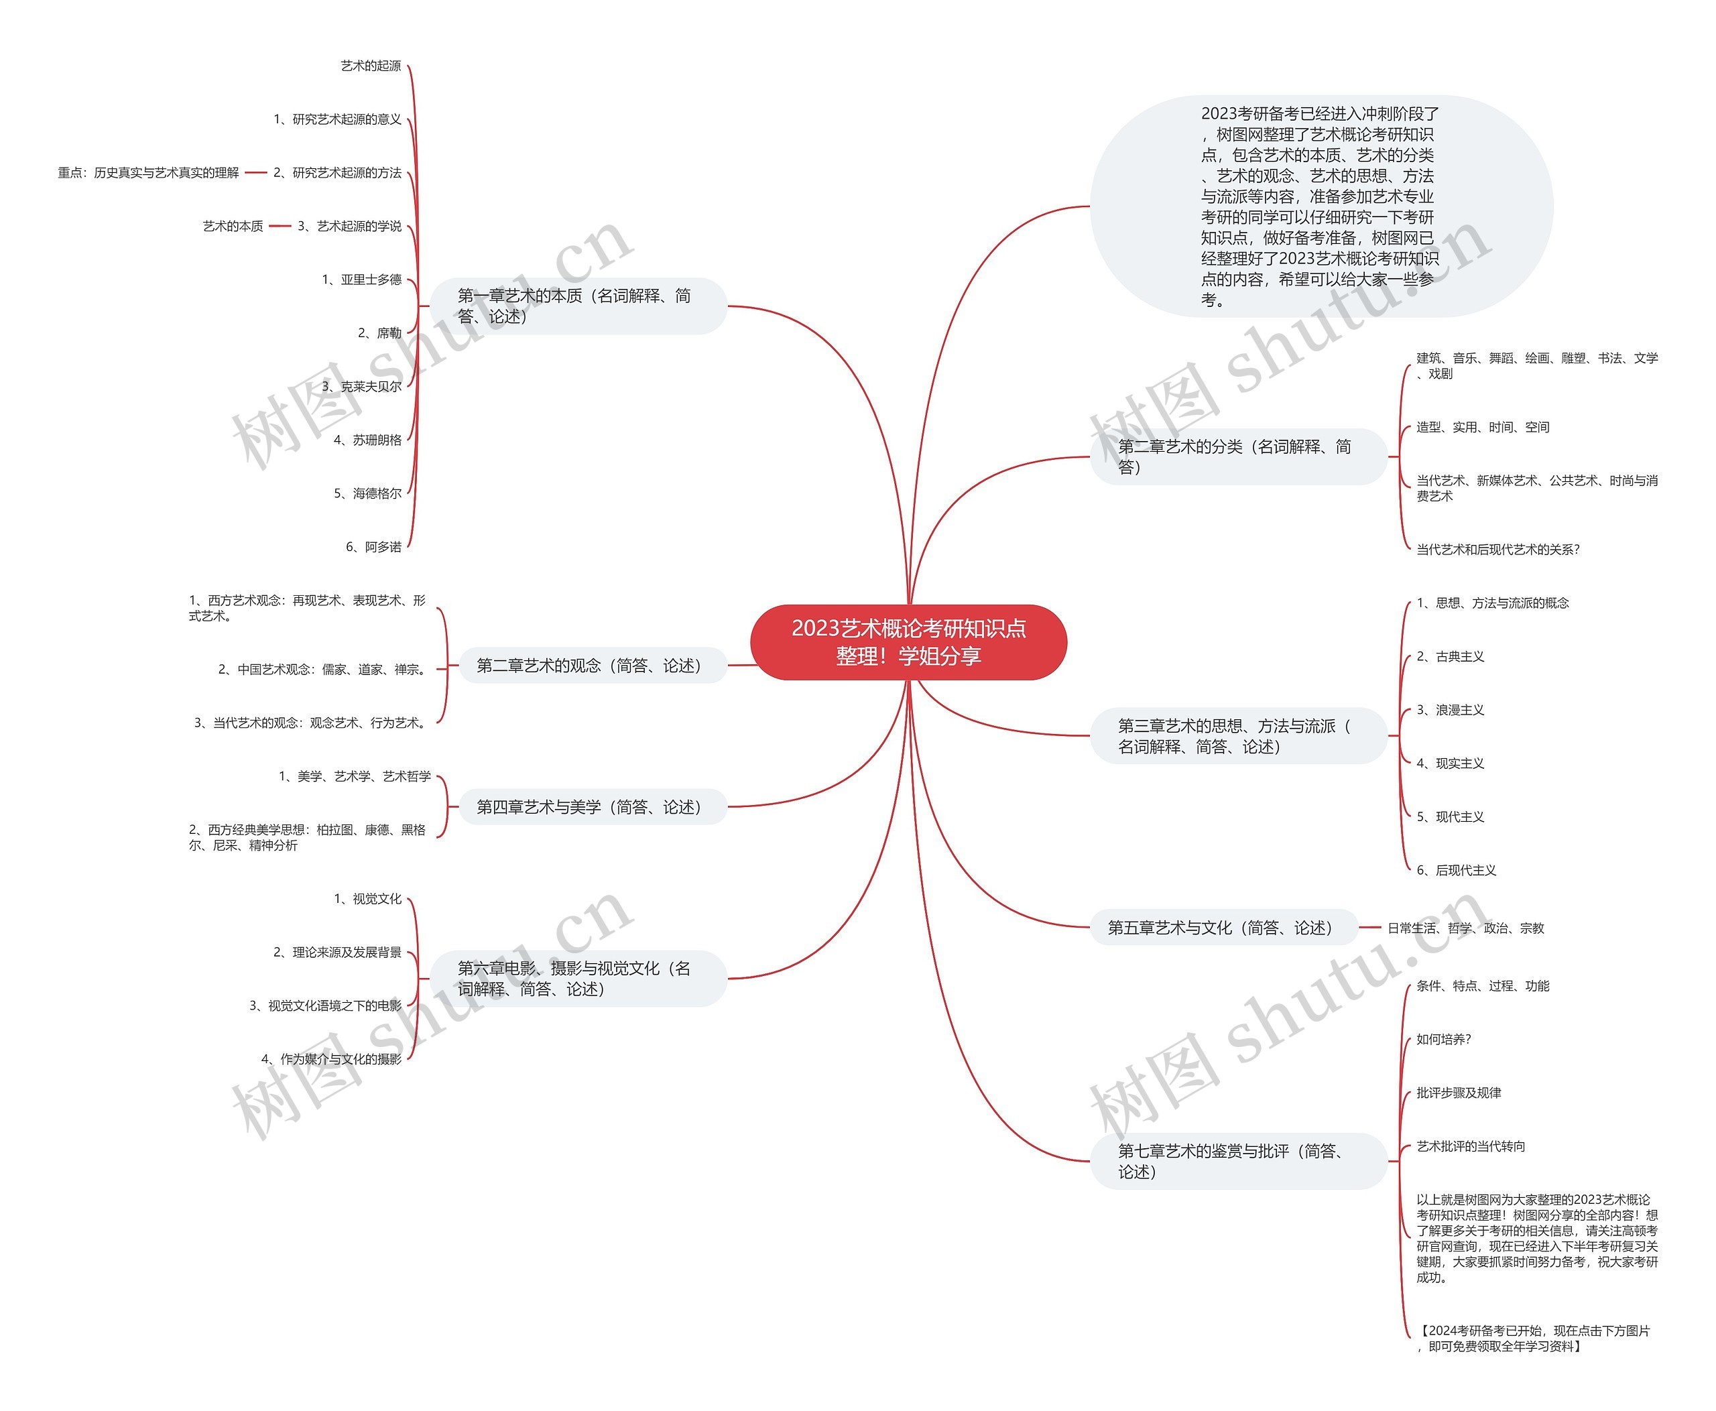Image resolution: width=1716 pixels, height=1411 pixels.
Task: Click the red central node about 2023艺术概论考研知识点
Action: [x=908, y=642]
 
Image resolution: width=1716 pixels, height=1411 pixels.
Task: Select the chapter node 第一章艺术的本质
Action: [x=578, y=306]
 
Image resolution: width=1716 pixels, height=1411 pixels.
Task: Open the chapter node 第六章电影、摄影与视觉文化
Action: [x=578, y=979]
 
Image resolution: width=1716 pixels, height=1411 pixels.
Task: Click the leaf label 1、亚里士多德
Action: [x=362, y=280]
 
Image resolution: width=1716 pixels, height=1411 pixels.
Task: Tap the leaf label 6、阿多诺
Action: [x=374, y=547]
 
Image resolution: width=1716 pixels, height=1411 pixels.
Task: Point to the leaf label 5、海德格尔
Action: [x=367, y=493]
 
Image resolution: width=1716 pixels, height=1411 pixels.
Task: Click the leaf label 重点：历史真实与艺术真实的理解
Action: [x=149, y=172]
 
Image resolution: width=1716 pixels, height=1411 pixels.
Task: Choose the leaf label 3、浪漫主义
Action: [x=1450, y=710]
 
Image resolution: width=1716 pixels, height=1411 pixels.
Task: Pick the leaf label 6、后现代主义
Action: [x=1456, y=871]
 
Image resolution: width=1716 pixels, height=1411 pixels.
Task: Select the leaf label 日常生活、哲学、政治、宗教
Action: [x=1465, y=928]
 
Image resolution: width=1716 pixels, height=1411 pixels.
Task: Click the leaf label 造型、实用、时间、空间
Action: [x=1483, y=428]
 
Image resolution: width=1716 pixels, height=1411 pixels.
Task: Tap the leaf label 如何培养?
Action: [x=1444, y=1040]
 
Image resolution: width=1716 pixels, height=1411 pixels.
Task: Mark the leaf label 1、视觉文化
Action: [x=367, y=899]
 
